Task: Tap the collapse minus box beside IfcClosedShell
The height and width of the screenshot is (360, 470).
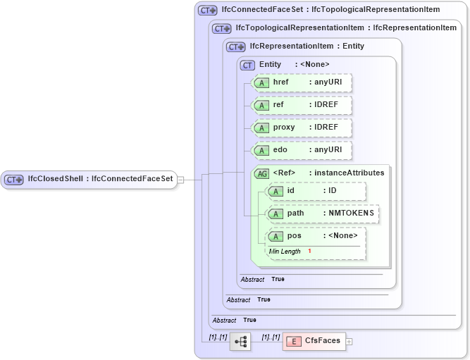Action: click(180, 180)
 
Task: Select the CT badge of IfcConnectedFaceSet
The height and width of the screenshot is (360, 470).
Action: click(207, 11)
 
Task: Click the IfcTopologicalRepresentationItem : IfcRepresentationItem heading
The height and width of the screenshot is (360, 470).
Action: click(345, 28)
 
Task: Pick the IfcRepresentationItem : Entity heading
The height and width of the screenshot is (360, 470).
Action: click(307, 46)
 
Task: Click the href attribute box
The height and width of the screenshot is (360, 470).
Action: click(302, 82)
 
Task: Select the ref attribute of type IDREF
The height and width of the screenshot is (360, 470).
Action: click(302, 105)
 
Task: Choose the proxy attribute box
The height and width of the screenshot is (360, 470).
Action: click(302, 128)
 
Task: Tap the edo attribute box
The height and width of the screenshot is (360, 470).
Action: click(302, 150)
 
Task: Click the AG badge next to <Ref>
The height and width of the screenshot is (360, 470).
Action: click(261, 173)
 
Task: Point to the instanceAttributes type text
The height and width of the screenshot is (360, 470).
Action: click(349, 173)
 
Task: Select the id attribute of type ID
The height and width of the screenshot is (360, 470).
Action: click(316, 191)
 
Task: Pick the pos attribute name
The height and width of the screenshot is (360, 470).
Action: click(294, 236)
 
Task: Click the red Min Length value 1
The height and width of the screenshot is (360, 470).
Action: click(309, 252)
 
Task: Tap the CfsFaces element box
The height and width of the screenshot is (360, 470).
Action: click(313, 341)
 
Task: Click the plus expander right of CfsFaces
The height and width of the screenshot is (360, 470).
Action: click(349, 342)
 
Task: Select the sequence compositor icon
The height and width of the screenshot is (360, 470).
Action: click(240, 341)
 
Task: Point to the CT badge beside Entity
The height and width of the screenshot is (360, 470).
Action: click(247, 65)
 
